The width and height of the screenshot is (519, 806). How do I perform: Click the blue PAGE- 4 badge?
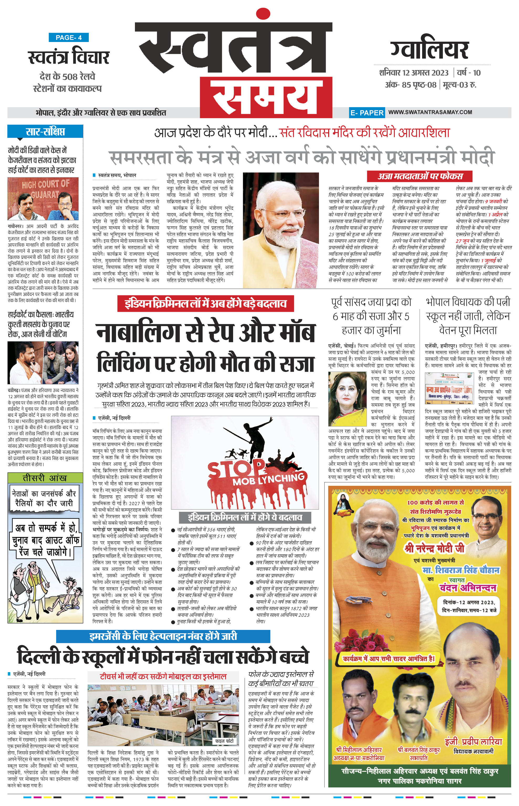pyautogui.click(x=69, y=38)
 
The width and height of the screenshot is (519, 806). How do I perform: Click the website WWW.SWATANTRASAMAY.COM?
pyautogui.click(x=430, y=112)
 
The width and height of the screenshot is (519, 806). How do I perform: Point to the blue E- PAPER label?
pyautogui.click(x=367, y=113)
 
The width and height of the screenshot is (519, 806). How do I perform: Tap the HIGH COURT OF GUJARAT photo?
pyautogui.click(x=43, y=199)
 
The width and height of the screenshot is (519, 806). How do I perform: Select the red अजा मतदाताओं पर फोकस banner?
pyautogui.click(x=420, y=176)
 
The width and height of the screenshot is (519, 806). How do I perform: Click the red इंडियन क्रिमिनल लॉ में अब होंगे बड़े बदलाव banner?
pyautogui.click(x=206, y=304)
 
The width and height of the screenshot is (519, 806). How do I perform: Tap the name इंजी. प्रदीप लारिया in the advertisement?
pyautogui.click(x=473, y=742)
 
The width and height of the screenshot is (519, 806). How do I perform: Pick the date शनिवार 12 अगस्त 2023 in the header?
pyautogui.click(x=413, y=73)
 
